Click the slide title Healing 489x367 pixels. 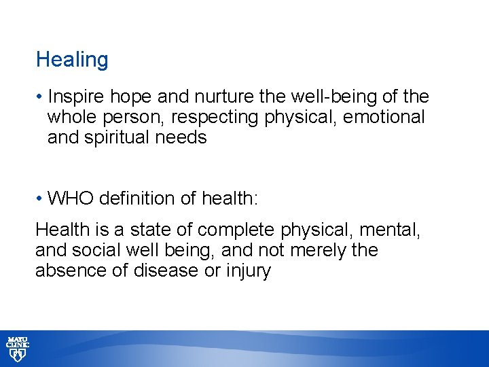(x=72, y=60)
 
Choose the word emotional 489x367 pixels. (x=384, y=118)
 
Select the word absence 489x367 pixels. (x=67, y=270)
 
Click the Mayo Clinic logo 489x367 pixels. (x=18, y=348)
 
